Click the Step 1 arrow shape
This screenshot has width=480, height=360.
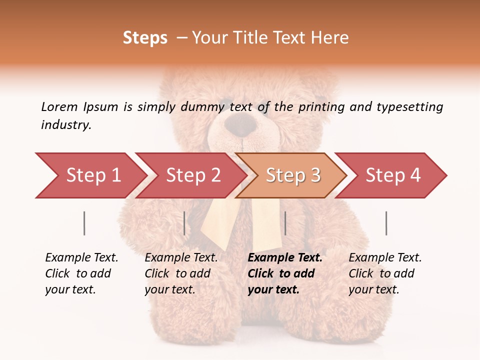click(x=90, y=175)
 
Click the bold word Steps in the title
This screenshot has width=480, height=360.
click(x=145, y=38)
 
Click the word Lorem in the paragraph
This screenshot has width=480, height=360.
click(x=59, y=106)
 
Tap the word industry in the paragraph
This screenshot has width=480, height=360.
click(x=65, y=125)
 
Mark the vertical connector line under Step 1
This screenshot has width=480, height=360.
click(x=84, y=223)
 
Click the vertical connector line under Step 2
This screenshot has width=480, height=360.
click(x=184, y=223)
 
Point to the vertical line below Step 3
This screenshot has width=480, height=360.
click(x=285, y=223)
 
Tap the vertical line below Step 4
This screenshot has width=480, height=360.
click(x=386, y=223)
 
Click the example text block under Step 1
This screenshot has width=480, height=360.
click(x=81, y=273)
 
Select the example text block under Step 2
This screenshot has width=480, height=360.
click(x=181, y=273)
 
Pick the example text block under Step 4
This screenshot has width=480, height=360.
click(x=385, y=273)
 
